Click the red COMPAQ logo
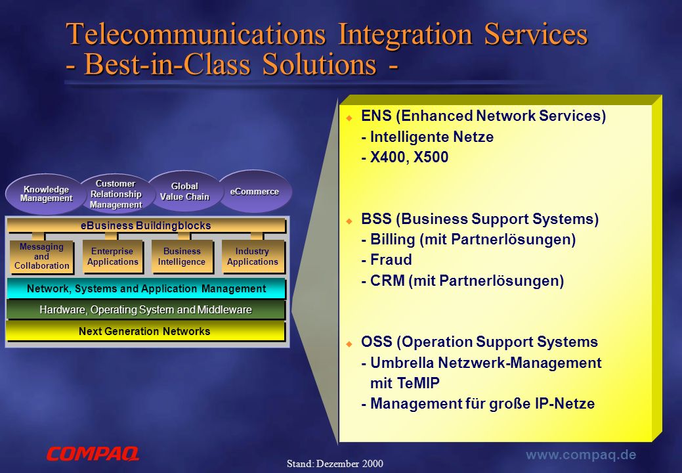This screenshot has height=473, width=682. click(x=93, y=453)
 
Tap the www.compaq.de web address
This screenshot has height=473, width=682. click(x=581, y=455)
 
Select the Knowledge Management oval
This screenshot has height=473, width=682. click(x=46, y=194)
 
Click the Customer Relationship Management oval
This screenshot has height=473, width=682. click(x=116, y=194)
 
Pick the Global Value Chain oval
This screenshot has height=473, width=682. click(x=184, y=191)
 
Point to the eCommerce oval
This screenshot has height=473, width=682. click(x=255, y=191)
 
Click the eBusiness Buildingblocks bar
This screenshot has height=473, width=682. click(x=146, y=225)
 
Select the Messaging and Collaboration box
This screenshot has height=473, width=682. click(x=42, y=256)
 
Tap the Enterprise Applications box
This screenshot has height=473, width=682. click(x=113, y=256)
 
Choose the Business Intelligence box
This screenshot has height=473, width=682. click(x=182, y=256)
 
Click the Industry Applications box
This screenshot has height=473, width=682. click(x=253, y=256)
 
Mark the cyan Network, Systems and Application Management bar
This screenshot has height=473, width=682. click(x=146, y=288)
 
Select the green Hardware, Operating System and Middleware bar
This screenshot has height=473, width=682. click(x=146, y=310)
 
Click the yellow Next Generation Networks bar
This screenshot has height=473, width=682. click(x=146, y=331)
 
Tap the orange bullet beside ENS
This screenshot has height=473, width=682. click(x=349, y=118)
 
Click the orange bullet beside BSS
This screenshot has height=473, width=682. click(x=349, y=221)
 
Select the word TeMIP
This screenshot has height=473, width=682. click(x=418, y=384)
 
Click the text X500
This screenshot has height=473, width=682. click(x=431, y=157)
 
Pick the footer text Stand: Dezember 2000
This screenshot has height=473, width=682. click(x=335, y=464)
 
